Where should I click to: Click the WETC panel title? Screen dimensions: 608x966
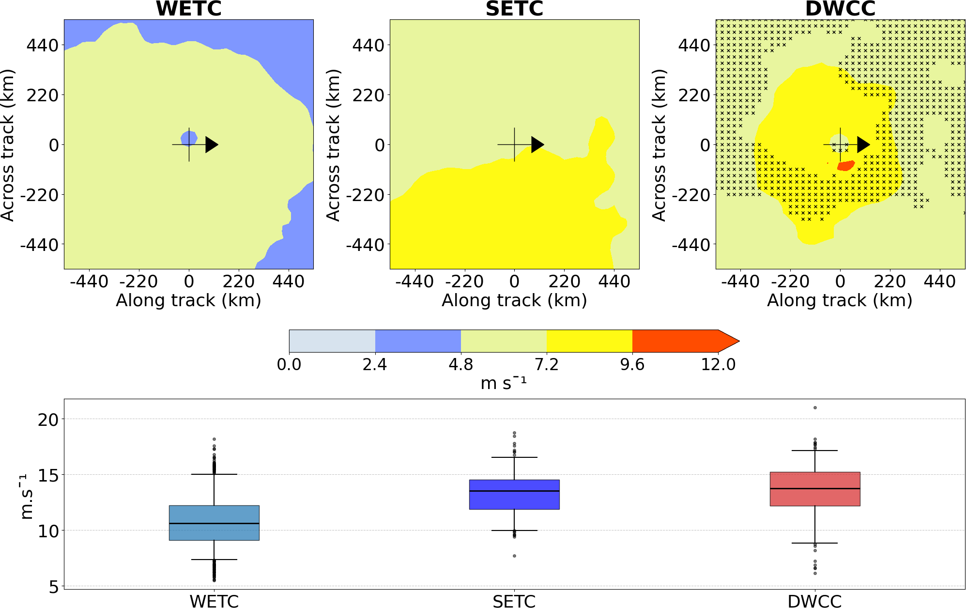(x=188, y=9)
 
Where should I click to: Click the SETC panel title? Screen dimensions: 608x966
(x=514, y=9)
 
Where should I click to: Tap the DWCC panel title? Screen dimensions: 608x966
(x=840, y=9)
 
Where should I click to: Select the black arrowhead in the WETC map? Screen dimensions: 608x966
(x=211, y=144)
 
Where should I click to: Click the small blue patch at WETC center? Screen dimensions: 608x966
(x=188, y=138)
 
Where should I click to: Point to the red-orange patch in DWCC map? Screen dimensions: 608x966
(x=846, y=166)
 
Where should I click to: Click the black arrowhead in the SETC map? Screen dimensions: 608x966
(x=537, y=144)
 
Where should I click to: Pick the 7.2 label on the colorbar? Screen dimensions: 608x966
(x=547, y=364)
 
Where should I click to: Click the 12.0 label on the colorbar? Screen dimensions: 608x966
(x=718, y=364)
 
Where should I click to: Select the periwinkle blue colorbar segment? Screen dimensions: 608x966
(x=418, y=341)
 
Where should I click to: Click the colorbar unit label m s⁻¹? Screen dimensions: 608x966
(x=503, y=383)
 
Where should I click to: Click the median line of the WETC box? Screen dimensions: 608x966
(x=214, y=523)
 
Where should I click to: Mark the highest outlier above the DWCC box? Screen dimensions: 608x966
(x=815, y=407)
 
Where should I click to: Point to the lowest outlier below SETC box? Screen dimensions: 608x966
(x=514, y=556)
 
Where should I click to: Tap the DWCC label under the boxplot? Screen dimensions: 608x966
(x=814, y=601)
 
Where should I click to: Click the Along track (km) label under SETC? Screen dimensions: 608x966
(x=514, y=300)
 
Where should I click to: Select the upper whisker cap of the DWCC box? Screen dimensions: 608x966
(x=815, y=451)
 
